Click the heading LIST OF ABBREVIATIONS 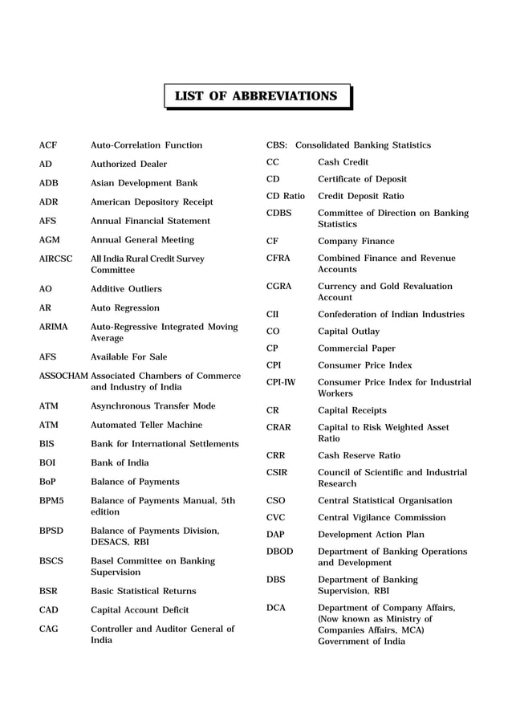(256, 96)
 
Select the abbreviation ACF (48, 145)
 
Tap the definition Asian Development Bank (144, 183)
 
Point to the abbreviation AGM (50, 240)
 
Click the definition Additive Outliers (126, 289)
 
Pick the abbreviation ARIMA (54, 327)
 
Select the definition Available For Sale (129, 356)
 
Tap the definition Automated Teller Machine (146, 425)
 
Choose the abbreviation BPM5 (51, 501)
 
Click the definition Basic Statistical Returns (143, 591)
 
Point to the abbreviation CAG (49, 629)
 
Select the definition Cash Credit (343, 162)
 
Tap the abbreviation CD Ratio (286, 196)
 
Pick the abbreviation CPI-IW (281, 382)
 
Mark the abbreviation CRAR (280, 428)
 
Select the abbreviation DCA (276, 608)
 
